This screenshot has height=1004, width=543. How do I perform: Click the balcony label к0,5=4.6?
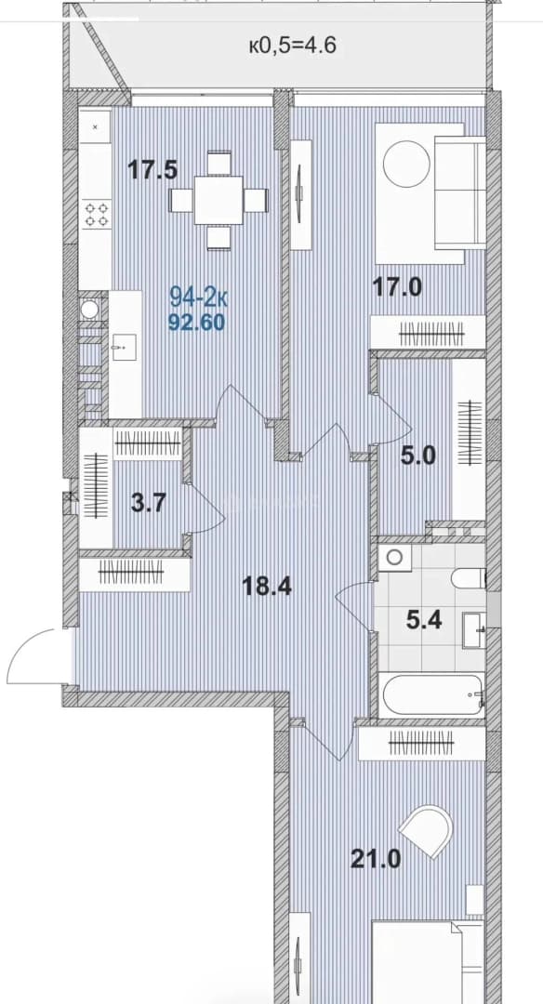292,46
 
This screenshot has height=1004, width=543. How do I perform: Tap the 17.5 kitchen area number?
152,170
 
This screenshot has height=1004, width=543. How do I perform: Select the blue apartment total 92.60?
196,323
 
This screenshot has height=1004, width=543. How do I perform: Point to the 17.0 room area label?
398,286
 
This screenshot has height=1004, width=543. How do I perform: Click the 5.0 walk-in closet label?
419,456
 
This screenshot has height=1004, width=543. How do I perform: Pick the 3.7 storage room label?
149,503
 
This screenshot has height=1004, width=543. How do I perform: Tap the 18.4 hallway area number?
267,586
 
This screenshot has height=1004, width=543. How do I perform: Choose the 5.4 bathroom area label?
425,619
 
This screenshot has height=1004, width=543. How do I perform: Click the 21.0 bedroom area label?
376,858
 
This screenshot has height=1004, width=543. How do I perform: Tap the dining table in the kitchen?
219,201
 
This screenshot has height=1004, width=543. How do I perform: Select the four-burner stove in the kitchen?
96,215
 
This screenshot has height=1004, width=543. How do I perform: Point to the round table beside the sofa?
406,164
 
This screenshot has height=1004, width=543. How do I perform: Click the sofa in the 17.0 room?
459,192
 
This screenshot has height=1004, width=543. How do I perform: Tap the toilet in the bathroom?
468,578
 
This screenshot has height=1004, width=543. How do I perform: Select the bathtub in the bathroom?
430,695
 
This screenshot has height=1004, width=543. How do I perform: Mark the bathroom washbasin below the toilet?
474,630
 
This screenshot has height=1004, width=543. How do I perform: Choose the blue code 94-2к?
198,297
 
